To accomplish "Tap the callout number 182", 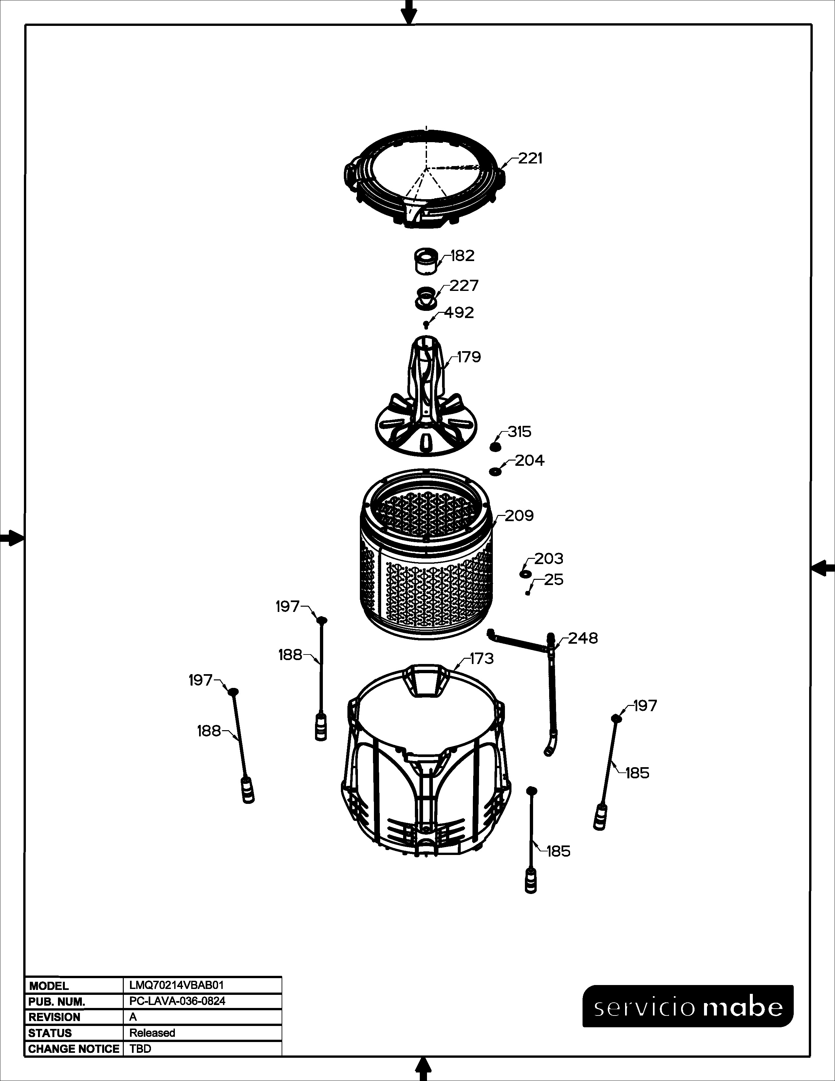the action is tap(462, 256).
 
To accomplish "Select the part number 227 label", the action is tap(464, 286).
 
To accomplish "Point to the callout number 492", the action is tap(459, 313).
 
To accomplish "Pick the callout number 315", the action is tap(519, 432).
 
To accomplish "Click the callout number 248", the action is tap(583, 638).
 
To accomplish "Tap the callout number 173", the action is tap(482, 659).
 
